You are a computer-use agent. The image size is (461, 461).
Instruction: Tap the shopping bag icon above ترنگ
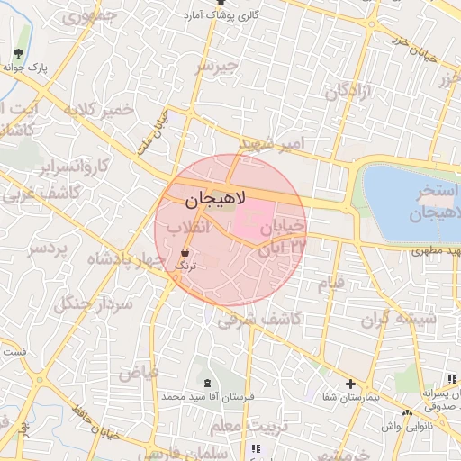point(185,253)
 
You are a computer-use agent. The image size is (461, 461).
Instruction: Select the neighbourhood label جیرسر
point(219,67)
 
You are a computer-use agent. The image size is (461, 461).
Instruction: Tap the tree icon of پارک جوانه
point(18,52)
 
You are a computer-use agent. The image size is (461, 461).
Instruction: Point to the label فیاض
point(139,371)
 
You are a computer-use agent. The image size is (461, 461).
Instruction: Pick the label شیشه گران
point(400,319)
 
